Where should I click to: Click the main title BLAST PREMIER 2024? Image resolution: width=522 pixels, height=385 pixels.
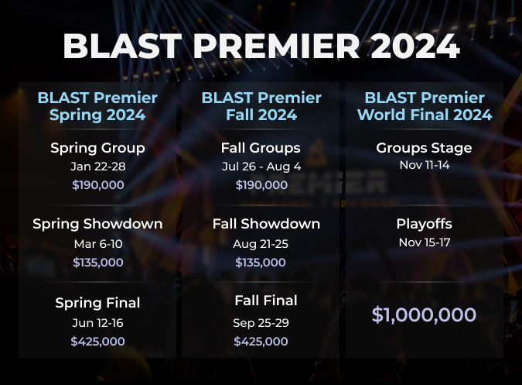click(x=261, y=46)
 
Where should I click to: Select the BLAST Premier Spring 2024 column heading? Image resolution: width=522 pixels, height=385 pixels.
click(x=97, y=107)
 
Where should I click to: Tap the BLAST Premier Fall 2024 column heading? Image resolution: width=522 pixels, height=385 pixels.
click(x=261, y=107)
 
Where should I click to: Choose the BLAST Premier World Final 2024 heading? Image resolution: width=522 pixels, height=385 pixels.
click(x=424, y=107)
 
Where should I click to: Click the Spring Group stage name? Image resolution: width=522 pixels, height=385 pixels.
click(x=97, y=148)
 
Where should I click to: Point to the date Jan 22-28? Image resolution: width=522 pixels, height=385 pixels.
click(x=97, y=167)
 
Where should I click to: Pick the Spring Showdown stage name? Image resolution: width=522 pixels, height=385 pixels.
click(x=97, y=224)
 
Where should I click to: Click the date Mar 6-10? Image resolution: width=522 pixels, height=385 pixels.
click(x=97, y=243)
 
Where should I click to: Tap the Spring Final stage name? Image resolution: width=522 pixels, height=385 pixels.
click(x=97, y=303)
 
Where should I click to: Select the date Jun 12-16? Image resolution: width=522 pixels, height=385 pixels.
click(x=97, y=322)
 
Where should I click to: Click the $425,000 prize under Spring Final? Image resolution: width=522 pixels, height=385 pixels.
click(x=97, y=341)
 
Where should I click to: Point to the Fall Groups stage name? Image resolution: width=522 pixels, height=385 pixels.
click(x=261, y=148)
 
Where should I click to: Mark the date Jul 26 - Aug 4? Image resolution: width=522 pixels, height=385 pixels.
click(x=261, y=167)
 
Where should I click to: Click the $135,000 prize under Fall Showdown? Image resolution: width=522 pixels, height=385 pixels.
click(x=261, y=263)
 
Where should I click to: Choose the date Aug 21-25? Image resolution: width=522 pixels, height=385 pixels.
click(x=261, y=243)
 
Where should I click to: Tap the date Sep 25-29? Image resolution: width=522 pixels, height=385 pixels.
click(x=261, y=322)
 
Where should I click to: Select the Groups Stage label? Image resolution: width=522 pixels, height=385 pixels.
click(x=424, y=148)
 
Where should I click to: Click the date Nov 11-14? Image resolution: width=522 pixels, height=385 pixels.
click(x=424, y=167)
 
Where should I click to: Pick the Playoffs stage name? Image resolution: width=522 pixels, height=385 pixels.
click(x=424, y=224)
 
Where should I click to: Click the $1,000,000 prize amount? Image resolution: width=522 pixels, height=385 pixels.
click(x=424, y=315)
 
